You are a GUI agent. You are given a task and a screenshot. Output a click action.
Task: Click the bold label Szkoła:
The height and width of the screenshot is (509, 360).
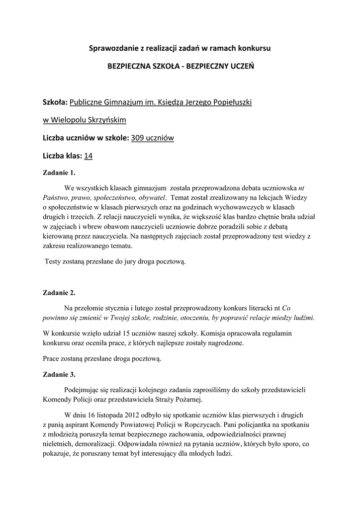click(55, 102)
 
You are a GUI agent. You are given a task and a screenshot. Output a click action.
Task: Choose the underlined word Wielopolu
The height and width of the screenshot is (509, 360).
click(69, 120)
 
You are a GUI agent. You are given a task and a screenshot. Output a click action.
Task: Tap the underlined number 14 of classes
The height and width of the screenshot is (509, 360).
click(89, 156)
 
